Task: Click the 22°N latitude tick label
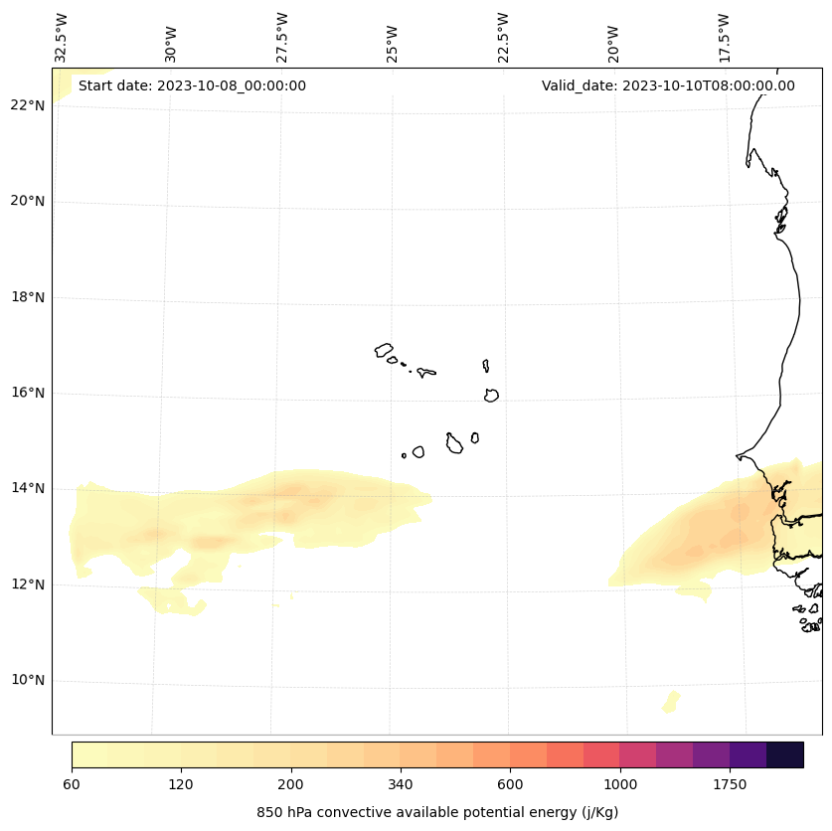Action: (x=28, y=105)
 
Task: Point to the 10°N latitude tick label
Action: (x=28, y=681)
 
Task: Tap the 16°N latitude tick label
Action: (x=28, y=393)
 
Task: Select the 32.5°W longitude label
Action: (x=62, y=38)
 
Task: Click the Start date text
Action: (x=192, y=85)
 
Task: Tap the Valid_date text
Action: (x=668, y=85)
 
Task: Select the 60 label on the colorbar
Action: (x=72, y=785)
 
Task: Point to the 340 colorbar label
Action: (x=401, y=785)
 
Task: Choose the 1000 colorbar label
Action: (x=620, y=785)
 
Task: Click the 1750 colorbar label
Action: (x=730, y=785)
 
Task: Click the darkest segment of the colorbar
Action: (x=785, y=754)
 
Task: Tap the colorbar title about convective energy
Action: (x=437, y=812)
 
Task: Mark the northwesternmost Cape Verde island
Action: (x=384, y=350)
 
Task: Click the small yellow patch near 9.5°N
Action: (x=672, y=702)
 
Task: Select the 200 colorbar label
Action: (x=291, y=785)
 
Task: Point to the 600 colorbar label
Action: (x=510, y=785)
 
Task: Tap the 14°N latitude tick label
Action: (x=28, y=488)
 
